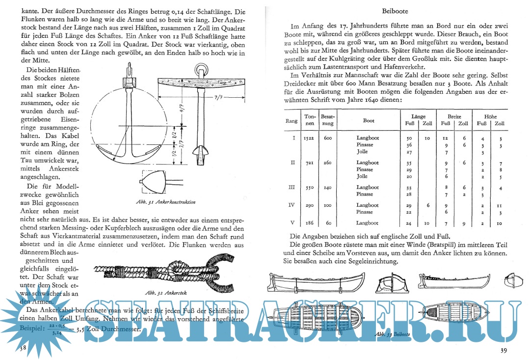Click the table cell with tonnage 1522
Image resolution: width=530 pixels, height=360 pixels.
click(310, 138)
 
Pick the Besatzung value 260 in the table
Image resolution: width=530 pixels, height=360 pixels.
click(328, 163)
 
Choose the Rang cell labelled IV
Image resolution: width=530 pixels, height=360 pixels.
click(293, 205)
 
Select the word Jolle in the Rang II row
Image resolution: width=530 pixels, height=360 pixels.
click(362, 176)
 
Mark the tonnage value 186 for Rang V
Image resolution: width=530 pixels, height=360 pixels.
click(310, 223)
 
